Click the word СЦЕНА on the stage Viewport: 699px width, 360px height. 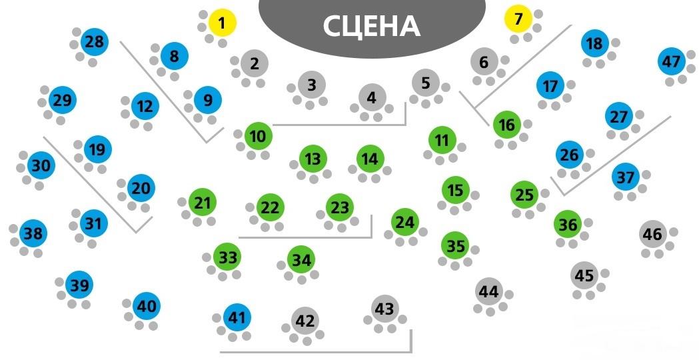click(371, 26)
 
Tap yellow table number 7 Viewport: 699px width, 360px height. click(518, 19)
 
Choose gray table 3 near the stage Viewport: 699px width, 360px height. click(312, 85)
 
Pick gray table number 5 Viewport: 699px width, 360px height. click(426, 83)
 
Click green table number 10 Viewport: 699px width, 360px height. click(258, 137)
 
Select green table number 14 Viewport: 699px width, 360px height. click(370, 159)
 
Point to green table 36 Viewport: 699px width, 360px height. click(568, 225)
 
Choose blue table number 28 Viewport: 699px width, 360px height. click(95, 43)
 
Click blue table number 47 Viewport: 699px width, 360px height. click(671, 62)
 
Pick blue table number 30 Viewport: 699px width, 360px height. click(41, 165)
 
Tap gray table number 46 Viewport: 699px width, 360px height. click(653, 234)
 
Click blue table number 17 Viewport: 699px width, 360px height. click(550, 86)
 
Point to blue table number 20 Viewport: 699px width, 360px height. click(141, 189)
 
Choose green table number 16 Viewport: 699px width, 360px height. click(507, 125)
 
